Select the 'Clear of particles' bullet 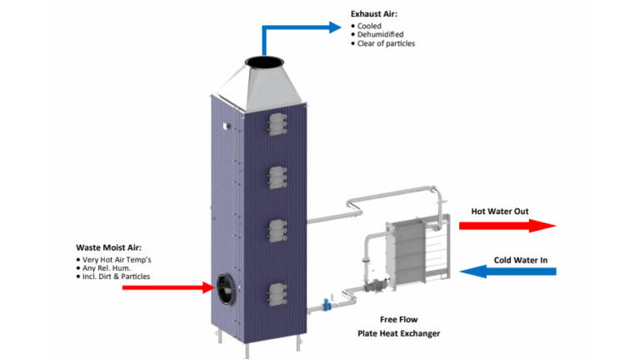(386, 43)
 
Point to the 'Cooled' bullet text (369, 26)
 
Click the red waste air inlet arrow (167, 287)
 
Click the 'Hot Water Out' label (500, 212)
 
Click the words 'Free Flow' (398, 319)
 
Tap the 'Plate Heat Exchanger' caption (398, 333)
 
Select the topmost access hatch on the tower (277, 125)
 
